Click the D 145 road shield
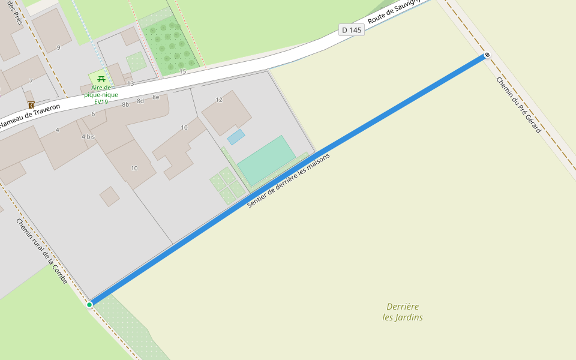coord(352,30)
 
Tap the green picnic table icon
coord(101,79)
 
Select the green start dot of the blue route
coord(89,305)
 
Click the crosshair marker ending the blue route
coord(487,55)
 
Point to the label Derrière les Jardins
coord(403,312)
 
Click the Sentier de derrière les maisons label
coord(289,181)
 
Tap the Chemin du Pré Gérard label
coord(519,105)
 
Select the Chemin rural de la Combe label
coord(42,251)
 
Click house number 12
coord(219,100)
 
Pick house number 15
coord(182,71)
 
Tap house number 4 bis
coord(88,137)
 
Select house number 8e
coord(155,97)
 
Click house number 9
coord(58,47)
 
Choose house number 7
coord(31,81)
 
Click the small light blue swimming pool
coord(236,137)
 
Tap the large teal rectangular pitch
coord(266,160)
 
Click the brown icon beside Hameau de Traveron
coord(31,105)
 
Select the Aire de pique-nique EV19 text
coord(101,94)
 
